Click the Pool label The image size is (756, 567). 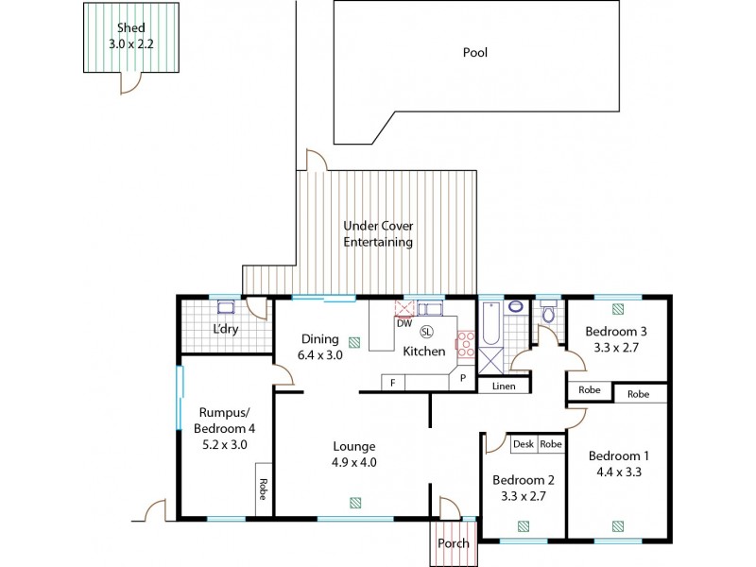pos(474,53)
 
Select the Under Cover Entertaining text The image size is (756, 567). pos(378,234)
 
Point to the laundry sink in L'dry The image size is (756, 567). pos(226,307)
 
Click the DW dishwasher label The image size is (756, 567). pos(404,323)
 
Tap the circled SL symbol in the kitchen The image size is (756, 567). pos(426,331)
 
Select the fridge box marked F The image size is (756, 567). pos(392,381)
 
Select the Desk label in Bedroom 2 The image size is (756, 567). pos(524,443)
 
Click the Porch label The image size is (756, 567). pos(454,543)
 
